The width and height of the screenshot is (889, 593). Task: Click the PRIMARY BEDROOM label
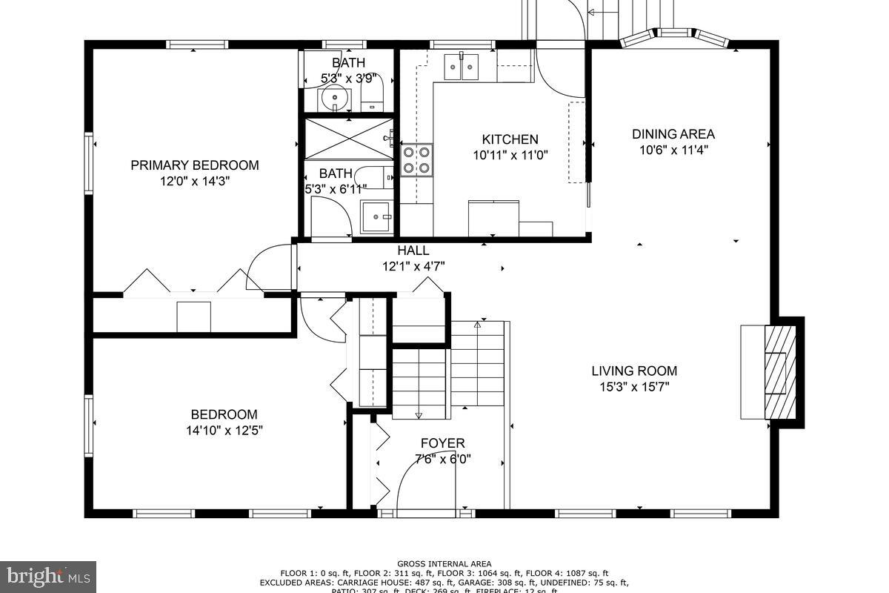click(x=195, y=165)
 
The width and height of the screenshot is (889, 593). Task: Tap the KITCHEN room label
click(x=510, y=139)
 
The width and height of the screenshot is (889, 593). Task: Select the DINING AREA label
click(x=673, y=134)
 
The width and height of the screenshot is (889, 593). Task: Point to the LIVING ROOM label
click(x=633, y=371)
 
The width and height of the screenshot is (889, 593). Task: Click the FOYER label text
click(x=442, y=443)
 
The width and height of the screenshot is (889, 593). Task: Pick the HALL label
click(x=413, y=251)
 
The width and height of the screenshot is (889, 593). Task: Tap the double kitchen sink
click(x=462, y=67)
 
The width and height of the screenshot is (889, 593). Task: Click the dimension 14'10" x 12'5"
click(x=224, y=430)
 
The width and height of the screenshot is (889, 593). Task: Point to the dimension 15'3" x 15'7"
click(x=633, y=387)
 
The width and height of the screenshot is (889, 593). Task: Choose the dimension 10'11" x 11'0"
click(x=510, y=155)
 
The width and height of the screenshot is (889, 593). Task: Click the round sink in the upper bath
click(x=336, y=96)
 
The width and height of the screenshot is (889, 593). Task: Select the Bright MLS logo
click(x=48, y=575)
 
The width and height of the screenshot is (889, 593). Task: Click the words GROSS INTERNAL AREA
click(x=444, y=564)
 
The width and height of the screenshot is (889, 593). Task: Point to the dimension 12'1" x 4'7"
click(x=413, y=265)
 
